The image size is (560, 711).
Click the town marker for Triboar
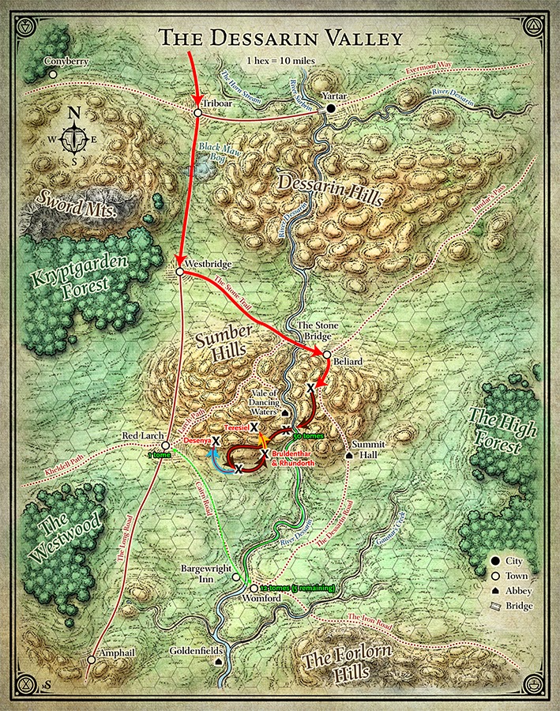pos(197,114)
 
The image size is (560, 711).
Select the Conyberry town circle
pos(52,74)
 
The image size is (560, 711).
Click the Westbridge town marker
pos(180,272)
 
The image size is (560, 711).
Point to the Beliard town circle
pos(326,355)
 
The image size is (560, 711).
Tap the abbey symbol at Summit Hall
pos(349,456)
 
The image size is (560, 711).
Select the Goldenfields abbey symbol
pos(219,664)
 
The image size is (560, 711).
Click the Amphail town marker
pos(92,659)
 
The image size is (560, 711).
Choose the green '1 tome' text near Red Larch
pos(160,455)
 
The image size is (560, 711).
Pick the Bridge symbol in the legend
pos(495,606)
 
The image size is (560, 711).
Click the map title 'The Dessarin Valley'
pos(280,37)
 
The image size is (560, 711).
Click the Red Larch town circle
pos(167,446)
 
